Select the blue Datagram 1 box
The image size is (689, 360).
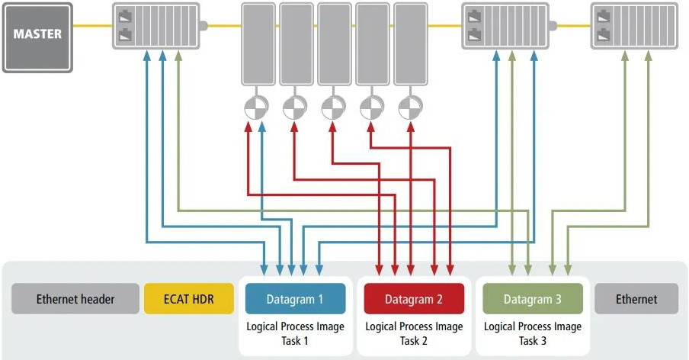click(294, 299)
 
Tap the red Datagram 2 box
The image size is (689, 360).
click(414, 299)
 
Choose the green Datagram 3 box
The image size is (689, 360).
click(533, 299)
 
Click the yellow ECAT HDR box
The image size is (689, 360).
click(189, 299)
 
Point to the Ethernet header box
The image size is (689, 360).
click(75, 299)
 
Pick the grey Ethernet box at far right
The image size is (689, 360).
click(636, 299)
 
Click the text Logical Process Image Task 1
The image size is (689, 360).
click(295, 333)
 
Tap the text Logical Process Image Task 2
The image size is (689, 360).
click(414, 333)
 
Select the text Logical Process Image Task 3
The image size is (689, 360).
click(533, 333)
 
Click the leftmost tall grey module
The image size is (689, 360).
click(258, 44)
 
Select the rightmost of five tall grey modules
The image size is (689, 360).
click(410, 44)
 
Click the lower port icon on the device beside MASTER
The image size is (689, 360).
click(124, 35)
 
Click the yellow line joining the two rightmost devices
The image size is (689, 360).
click(574, 25)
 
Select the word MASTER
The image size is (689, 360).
click(37, 34)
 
